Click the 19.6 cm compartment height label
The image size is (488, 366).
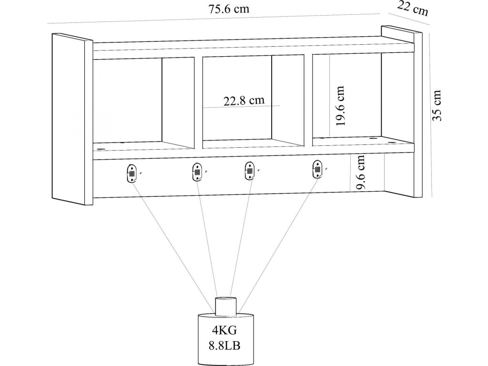[340, 106]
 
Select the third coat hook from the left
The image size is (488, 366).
[248, 171]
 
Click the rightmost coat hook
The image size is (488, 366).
[317, 169]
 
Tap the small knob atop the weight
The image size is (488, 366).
[226, 305]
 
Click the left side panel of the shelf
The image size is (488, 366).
[71, 119]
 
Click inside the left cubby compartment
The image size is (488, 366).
[127, 100]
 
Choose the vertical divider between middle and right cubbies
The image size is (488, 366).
[308, 100]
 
